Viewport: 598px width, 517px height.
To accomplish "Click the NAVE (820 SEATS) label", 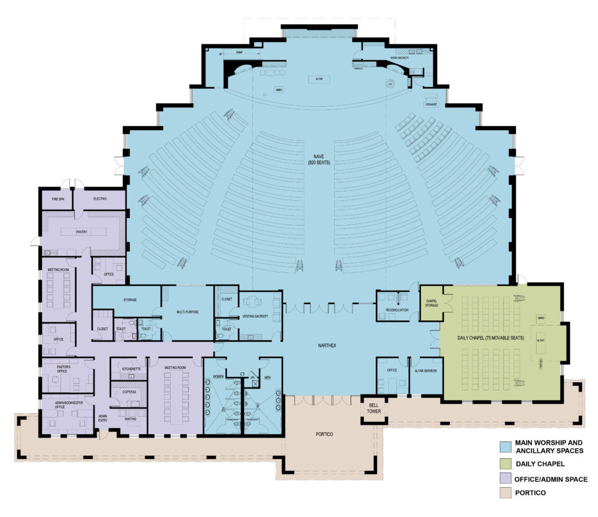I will (x=318, y=160).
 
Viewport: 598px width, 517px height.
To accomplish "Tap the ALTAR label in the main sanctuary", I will (x=320, y=78).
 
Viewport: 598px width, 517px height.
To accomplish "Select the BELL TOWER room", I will (x=374, y=408).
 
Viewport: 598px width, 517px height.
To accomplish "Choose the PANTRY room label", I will (x=82, y=232).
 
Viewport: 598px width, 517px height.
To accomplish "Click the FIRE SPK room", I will (x=57, y=200).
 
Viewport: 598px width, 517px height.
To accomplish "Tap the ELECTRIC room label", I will (x=100, y=200).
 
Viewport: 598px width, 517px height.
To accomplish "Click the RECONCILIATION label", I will (x=397, y=310).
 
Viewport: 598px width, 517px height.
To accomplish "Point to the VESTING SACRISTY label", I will (x=254, y=316).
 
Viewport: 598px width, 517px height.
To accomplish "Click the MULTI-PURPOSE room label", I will (x=187, y=312).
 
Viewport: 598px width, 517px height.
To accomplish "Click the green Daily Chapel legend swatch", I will (x=505, y=464).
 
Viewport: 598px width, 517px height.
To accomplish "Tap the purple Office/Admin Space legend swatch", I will (x=505, y=479).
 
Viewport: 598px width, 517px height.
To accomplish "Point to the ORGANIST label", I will (x=432, y=105).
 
